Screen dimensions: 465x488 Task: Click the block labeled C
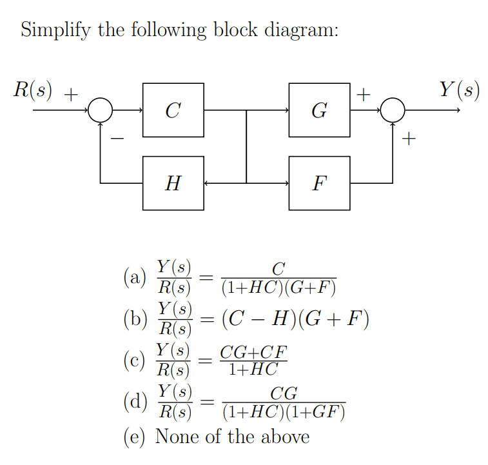(173, 110)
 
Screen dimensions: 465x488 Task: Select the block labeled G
(319, 110)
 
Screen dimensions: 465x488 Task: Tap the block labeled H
(173, 184)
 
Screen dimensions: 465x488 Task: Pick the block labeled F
(319, 184)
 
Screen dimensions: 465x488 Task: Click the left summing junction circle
(100, 110)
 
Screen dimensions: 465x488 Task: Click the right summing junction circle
(393, 110)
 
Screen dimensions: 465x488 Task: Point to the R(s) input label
(34, 90)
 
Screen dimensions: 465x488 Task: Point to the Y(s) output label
(459, 90)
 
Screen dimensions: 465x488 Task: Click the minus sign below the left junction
(118, 137)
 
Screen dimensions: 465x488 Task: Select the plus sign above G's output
(364, 95)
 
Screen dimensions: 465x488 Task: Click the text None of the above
(233, 437)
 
